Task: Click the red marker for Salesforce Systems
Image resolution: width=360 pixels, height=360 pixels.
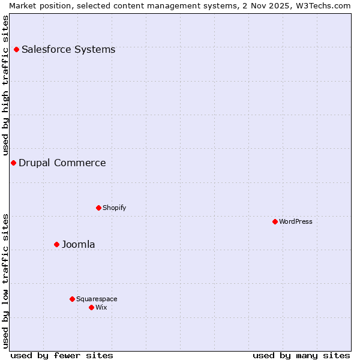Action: coord(16,49)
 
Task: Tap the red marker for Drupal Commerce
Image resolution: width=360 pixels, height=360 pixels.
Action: coord(13,163)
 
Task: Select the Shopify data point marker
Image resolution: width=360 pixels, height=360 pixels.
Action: coord(98,208)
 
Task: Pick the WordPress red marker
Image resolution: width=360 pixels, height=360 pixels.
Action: coord(275,221)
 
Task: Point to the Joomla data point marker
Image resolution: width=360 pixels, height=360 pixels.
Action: coord(56,244)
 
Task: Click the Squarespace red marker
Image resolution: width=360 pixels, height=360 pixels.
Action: coord(72,299)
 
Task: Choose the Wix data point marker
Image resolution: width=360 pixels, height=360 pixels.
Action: coord(91,307)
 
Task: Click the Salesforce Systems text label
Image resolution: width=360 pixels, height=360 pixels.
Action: coord(68,49)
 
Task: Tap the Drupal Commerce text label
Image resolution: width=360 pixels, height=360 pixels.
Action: coord(62,163)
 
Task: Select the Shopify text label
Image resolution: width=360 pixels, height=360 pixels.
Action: coord(114,208)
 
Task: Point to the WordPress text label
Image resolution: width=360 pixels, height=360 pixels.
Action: coord(296,221)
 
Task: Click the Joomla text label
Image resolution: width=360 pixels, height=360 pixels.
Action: coord(79,244)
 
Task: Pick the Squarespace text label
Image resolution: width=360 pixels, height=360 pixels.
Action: coord(97,299)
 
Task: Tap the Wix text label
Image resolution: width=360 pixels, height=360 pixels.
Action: coord(101,307)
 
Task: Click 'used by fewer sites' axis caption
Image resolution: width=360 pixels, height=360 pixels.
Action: coord(62,355)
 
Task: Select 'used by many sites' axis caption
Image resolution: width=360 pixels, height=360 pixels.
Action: coord(301,355)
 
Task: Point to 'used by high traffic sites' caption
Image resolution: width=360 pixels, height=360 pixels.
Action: coord(5,85)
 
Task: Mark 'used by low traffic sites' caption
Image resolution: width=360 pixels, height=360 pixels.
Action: coord(5,281)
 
